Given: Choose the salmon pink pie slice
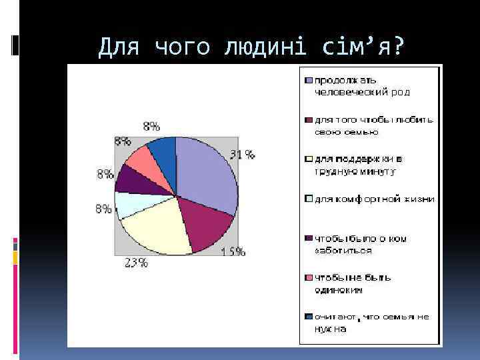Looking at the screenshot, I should (x=143, y=160).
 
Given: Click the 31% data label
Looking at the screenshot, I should (x=243, y=155).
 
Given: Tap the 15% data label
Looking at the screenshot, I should (x=233, y=252).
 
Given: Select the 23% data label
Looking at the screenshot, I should (x=136, y=262).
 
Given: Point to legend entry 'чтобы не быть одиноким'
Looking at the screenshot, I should (x=360, y=283).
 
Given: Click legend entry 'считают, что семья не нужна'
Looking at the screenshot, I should (x=370, y=323).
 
